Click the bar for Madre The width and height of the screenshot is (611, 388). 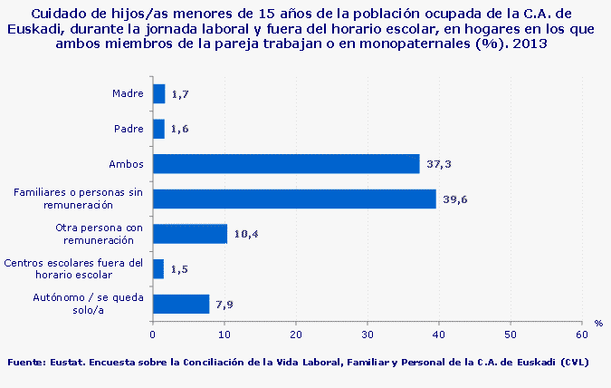pos(159,93)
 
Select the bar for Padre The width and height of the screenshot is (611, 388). pos(159,129)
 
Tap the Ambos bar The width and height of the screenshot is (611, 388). pos(286,164)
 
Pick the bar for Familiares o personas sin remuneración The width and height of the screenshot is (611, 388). pos(294,199)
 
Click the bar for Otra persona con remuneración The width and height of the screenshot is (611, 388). pos(190,234)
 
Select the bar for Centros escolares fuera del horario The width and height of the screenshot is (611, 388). pos(158,268)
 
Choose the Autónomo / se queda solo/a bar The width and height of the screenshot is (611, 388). pos(181,304)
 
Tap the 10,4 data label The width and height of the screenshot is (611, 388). pos(246,234)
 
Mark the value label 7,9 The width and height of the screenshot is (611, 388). pos(225,305)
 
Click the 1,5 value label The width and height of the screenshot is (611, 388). pos(179,269)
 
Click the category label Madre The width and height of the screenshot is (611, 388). pos(128,93)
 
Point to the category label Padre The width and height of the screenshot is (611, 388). pos(129,129)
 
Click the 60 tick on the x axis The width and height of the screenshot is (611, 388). pos(581,335)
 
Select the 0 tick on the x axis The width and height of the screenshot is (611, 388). pos(153,335)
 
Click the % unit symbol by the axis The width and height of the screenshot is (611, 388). pos(598,323)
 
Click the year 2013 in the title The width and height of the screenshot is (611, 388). pos(530,44)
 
